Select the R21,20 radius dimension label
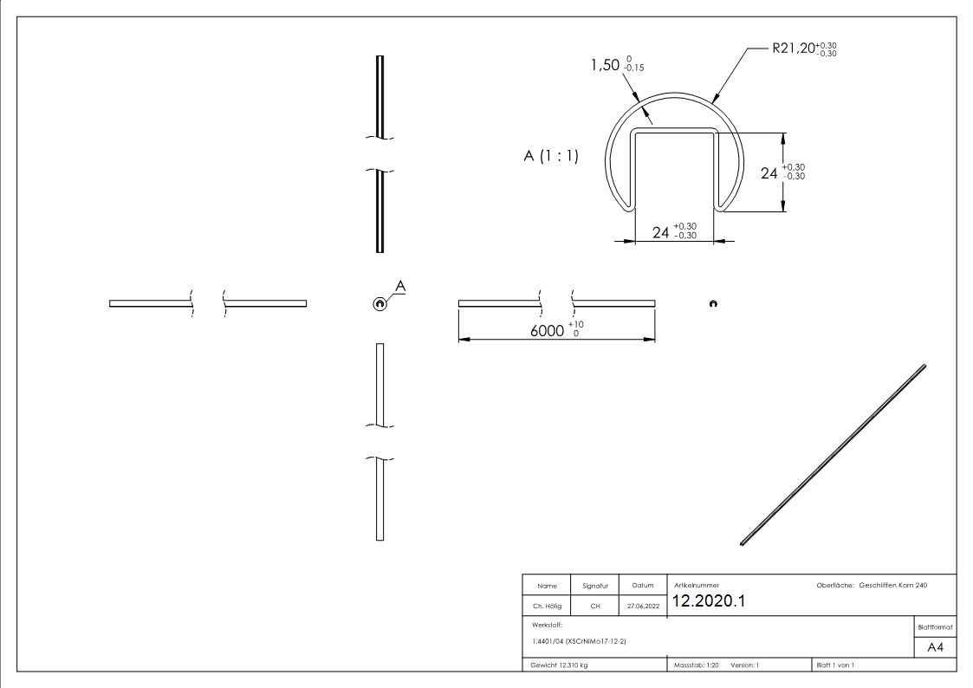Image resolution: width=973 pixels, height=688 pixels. click(x=804, y=49)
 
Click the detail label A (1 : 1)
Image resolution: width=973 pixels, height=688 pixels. click(x=551, y=156)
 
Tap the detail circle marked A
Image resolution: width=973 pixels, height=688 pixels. click(x=379, y=302)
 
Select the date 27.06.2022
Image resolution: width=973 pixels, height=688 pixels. click(x=643, y=607)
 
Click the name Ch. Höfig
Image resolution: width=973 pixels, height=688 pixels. click(x=547, y=607)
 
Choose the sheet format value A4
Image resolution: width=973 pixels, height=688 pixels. click(x=935, y=647)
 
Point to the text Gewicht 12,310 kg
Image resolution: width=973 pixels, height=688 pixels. click(x=560, y=665)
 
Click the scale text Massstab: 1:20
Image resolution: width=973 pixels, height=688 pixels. click(x=697, y=665)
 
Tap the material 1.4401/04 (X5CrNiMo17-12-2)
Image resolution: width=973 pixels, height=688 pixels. click(x=579, y=641)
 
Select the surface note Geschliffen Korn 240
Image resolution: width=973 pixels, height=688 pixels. click(x=892, y=586)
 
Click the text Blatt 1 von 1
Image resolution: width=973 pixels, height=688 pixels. click(x=834, y=665)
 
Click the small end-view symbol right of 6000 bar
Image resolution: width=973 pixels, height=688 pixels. click(x=712, y=303)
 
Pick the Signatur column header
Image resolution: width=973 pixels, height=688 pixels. click(x=595, y=586)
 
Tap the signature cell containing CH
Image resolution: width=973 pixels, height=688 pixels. click(x=595, y=607)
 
